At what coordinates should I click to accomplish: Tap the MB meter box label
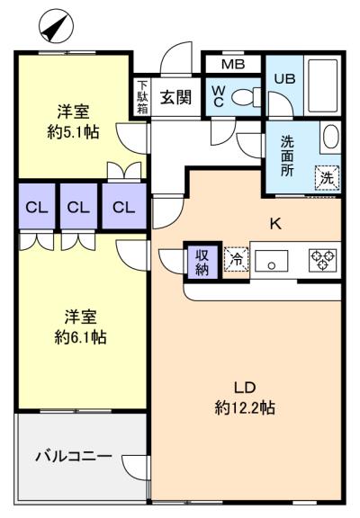(x=232, y=65)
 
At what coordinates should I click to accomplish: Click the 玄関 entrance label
(x=176, y=98)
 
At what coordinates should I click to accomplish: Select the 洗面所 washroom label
(x=287, y=156)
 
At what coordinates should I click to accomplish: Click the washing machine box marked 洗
(x=327, y=177)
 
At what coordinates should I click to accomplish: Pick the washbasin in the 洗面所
(x=329, y=138)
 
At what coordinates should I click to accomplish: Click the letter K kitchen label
(x=275, y=223)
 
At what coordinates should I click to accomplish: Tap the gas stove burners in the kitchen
(x=321, y=260)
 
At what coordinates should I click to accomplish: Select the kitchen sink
(x=270, y=261)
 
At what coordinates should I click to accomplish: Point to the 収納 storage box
(x=202, y=260)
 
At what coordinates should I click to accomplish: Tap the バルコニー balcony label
(x=73, y=456)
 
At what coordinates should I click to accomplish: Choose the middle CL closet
(x=79, y=207)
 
